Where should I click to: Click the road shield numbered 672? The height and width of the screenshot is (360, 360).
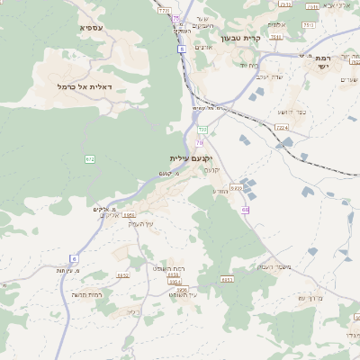[90, 158]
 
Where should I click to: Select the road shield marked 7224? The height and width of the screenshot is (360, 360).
[283, 129]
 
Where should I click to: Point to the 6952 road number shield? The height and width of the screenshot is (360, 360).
[123, 275]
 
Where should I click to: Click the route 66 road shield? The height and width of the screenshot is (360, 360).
[245, 210]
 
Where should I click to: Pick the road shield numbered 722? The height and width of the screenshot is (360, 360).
[202, 130]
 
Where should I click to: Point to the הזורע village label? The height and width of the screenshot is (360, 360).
[220, 191]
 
